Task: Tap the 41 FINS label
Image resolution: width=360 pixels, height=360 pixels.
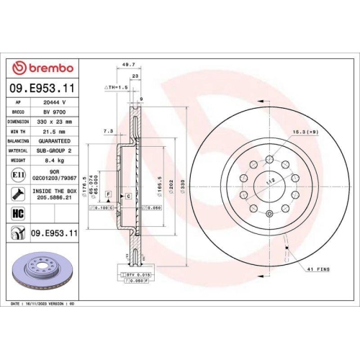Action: tap(318, 269)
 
